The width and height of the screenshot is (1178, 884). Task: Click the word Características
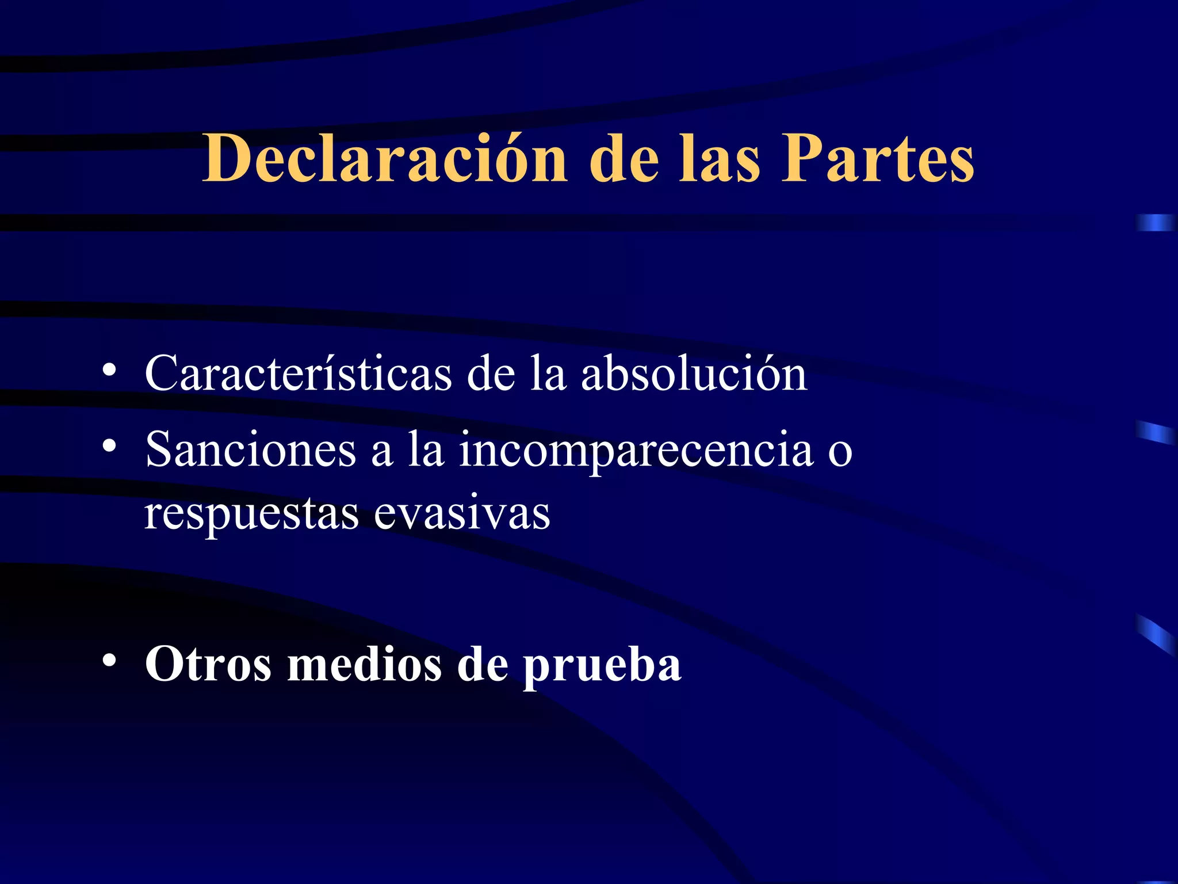coord(298,374)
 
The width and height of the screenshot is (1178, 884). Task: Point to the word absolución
coord(694,374)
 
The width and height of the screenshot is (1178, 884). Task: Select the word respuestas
coord(251,514)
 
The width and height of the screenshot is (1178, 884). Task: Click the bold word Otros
coord(208,664)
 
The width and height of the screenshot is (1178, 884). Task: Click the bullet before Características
coord(109,371)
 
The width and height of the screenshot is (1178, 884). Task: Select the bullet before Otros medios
coord(109,660)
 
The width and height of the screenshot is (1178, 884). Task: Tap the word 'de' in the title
coord(624,158)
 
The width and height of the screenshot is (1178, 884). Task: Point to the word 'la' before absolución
coord(548,374)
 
